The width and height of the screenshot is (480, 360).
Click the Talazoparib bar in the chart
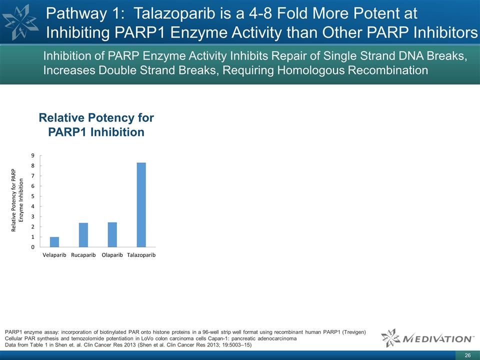tap(141, 205)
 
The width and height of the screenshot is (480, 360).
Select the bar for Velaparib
tap(54, 242)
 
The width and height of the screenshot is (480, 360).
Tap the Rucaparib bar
tap(83, 235)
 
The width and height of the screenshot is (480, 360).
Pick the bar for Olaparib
tap(112, 234)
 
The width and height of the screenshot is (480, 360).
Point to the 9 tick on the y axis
tap(33, 155)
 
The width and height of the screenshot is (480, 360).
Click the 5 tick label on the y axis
tap(33, 196)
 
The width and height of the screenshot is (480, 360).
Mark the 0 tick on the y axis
tap(33, 247)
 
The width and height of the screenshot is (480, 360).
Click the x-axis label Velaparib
tap(54, 255)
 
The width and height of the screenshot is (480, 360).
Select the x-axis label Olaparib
tap(112, 255)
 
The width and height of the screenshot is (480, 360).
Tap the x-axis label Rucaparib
tap(83, 255)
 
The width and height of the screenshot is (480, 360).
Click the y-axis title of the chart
tap(17, 200)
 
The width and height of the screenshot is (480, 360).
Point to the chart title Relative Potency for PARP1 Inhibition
tap(96, 125)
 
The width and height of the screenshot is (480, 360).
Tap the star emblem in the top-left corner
tap(20, 22)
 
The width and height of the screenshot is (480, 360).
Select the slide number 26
tap(467, 355)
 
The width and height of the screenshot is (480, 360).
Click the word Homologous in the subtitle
tap(309, 70)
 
